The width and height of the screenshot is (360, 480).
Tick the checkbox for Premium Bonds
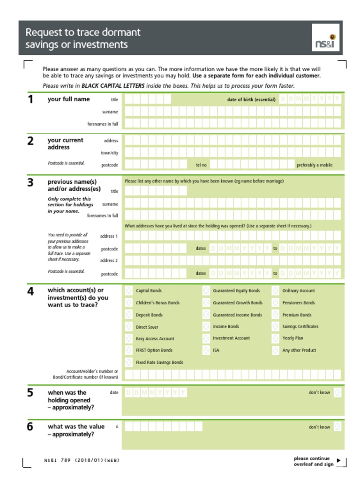coord(275,315)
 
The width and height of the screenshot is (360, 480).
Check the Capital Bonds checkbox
coord(128,291)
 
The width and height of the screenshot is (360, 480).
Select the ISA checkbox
coord(206,350)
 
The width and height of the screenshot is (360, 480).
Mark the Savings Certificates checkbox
coord(275,327)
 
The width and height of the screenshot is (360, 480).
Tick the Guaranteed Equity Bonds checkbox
coord(206,291)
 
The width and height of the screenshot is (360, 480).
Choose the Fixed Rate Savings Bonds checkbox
coord(128,362)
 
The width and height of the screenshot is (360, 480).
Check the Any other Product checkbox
coord(275,350)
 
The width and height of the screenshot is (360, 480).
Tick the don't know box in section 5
coord(337,392)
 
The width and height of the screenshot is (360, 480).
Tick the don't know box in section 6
coord(337,427)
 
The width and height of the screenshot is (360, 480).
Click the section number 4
coord(30,292)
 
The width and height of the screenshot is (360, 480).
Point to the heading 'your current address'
coord(65,143)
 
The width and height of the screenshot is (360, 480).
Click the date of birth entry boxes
coord(310,99)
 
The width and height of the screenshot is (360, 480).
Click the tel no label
coord(201,165)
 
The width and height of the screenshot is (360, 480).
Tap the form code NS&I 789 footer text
coord(82,460)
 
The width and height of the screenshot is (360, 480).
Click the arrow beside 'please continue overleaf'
coord(339,460)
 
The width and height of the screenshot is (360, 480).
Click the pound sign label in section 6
coord(116,427)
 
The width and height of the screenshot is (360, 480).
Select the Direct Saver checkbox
coord(128,327)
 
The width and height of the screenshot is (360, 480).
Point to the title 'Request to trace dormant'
coord(83,32)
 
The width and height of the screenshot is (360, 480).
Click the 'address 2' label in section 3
coord(109,261)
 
